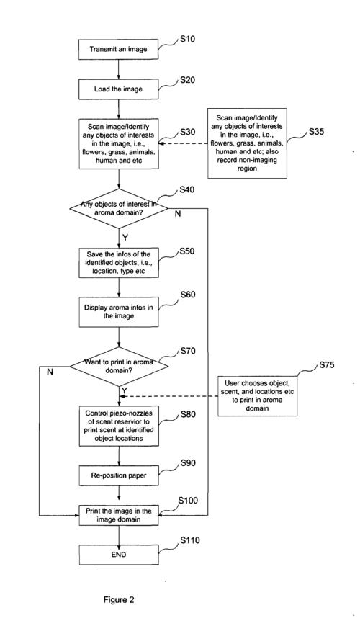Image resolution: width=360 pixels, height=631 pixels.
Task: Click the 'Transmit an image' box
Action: tap(118, 50)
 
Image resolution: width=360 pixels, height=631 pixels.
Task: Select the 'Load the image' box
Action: tap(118, 89)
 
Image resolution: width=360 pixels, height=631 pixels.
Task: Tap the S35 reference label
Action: tap(318, 133)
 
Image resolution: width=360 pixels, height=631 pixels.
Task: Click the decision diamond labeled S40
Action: tap(119, 208)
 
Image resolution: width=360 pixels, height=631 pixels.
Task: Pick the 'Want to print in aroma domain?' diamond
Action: tap(119, 366)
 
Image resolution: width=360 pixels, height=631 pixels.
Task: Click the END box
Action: tap(118, 555)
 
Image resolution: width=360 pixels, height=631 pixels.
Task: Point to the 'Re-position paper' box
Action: tap(118, 475)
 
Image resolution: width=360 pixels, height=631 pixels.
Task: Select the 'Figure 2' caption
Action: tap(119, 600)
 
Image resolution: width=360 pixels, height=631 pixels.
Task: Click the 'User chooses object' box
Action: tap(258, 396)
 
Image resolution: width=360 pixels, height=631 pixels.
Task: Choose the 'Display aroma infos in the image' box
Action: tap(118, 312)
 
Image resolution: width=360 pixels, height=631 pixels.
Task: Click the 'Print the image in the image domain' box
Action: tap(118, 515)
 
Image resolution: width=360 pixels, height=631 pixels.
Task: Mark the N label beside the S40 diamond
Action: tap(177, 214)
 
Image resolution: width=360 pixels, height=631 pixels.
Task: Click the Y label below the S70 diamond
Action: tap(125, 390)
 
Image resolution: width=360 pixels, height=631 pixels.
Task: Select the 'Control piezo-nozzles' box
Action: tap(118, 426)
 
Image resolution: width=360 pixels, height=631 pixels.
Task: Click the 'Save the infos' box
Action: tap(118, 263)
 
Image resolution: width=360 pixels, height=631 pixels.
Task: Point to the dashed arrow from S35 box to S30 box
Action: tap(183, 143)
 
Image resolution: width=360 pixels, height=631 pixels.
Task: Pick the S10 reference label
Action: tap(187, 40)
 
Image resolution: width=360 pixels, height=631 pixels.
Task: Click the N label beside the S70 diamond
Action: tap(50, 372)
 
